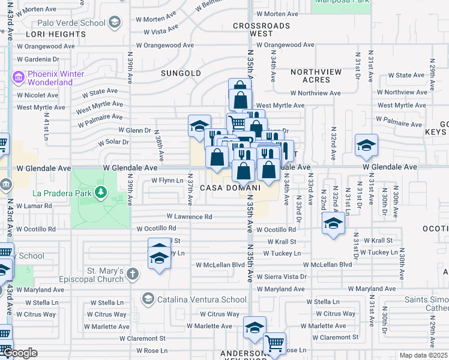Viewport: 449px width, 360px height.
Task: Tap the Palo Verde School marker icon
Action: coord(114,23)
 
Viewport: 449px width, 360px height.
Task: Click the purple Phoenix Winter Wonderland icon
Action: coord(17,77)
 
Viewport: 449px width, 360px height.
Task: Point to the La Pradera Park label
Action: coord(62,194)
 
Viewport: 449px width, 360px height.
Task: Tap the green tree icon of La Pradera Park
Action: coord(102,193)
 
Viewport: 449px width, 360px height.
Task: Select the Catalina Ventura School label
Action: coord(193,299)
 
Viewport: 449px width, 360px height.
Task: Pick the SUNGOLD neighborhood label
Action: coord(181,73)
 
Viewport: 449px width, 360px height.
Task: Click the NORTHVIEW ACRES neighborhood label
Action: coord(316,76)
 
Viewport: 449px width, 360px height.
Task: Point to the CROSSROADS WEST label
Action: coord(261,30)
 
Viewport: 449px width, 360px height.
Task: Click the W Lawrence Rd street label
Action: coord(189,217)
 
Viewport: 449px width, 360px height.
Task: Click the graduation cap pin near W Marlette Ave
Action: coord(255,327)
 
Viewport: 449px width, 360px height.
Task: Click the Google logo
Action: coord(20,353)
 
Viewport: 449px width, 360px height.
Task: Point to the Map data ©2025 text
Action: coord(423,355)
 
